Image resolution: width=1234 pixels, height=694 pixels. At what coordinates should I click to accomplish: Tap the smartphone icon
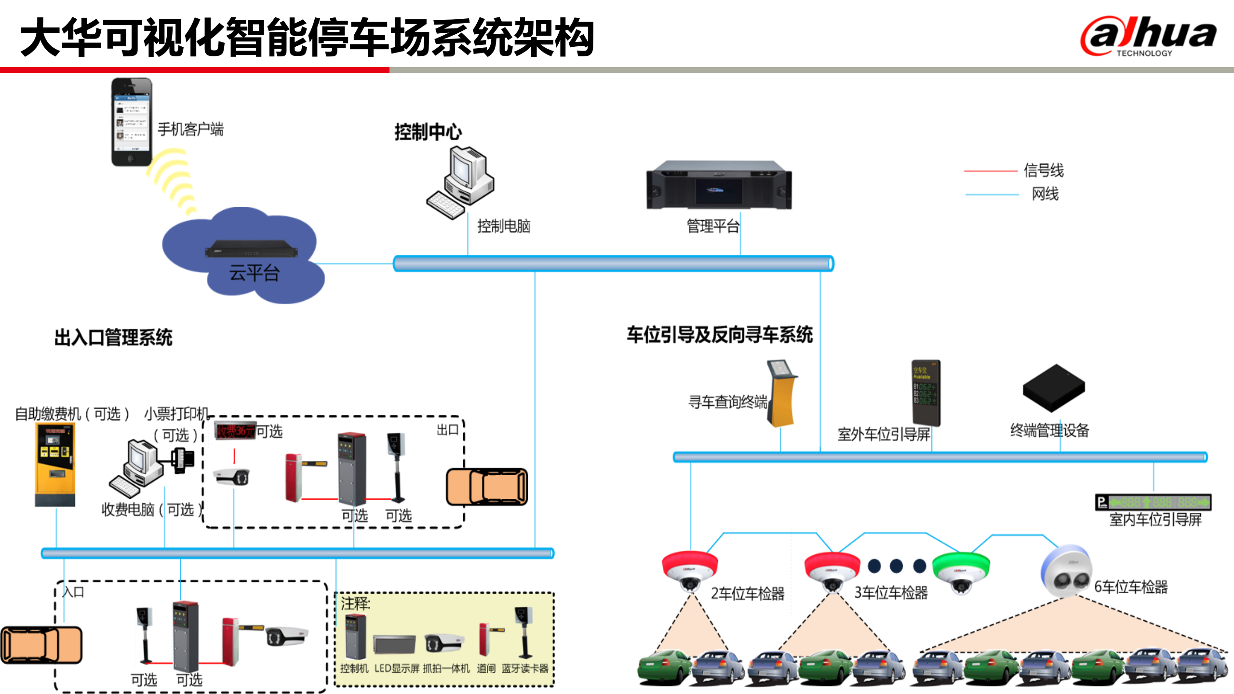tap(132, 122)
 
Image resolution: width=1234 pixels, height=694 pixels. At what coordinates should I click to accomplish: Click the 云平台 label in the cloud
tap(254, 273)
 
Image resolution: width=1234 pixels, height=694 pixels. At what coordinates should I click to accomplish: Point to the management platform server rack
tap(719, 185)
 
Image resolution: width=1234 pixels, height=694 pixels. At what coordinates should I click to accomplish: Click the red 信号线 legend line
tap(990, 171)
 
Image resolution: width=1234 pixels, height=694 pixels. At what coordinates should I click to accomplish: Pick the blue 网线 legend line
tap(992, 195)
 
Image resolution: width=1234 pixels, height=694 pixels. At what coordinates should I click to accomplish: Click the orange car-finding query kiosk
tap(782, 393)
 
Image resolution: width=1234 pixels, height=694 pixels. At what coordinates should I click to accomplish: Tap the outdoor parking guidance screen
tap(925, 392)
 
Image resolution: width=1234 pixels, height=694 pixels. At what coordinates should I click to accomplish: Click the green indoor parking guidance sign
tap(1153, 502)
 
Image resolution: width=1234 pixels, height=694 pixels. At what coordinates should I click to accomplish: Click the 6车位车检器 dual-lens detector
tap(1066, 571)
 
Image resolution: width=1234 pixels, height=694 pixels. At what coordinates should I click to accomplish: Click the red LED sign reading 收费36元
tap(235, 431)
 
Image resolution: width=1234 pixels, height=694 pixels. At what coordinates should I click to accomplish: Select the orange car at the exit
tap(487, 487)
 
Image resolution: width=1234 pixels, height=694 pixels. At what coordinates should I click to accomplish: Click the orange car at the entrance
tap(41, 645)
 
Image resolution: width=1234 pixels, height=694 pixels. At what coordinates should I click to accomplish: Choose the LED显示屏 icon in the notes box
tap(394, 645)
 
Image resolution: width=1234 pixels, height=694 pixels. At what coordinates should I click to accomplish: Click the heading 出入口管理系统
tap(113, 337)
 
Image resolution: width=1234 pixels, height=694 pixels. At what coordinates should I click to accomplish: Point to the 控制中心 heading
tap(428, 132)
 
